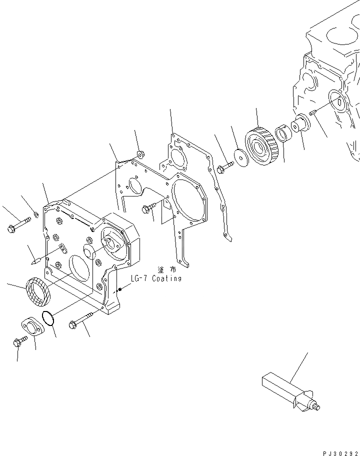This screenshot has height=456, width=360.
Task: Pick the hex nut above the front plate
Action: pyautogui.click(x=140, y=154)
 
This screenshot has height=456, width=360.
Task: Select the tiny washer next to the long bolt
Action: pyautogui.click(x=36, y=215)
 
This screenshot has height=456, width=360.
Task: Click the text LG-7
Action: pyautogui.click(x=138, y=278)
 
